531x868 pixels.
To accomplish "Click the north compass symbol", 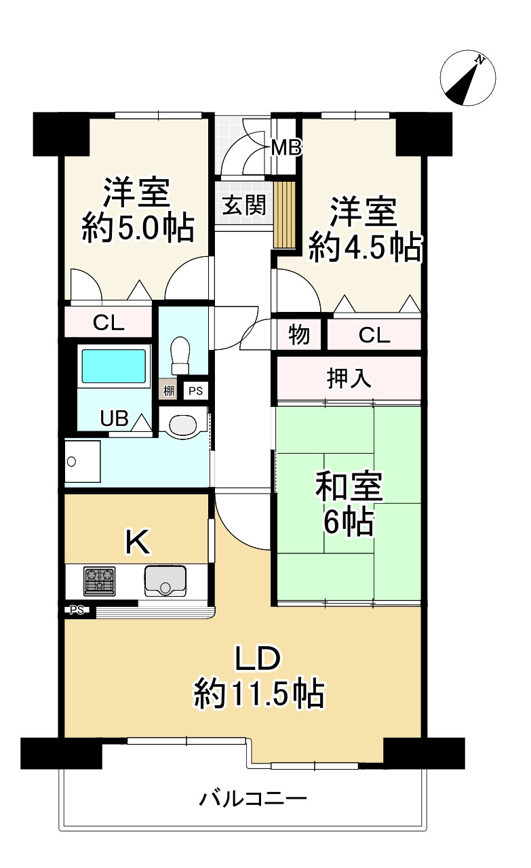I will click(468, 79).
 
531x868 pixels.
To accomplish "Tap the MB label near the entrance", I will click(286, 147).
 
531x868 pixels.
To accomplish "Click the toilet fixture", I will click(180, 355).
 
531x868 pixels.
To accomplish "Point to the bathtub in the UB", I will click(114, 366).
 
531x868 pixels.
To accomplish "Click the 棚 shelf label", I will click(168, 391).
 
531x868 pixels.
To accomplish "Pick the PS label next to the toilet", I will click(195, 391).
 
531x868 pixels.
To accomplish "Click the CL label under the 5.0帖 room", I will click(109, 323).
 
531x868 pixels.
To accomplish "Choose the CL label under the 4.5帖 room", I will click(374, 335).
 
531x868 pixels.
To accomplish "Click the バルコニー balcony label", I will click(253, 798).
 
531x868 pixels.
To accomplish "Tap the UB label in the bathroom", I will click(114, 418).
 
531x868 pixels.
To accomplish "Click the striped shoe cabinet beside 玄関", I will click(286, 214).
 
